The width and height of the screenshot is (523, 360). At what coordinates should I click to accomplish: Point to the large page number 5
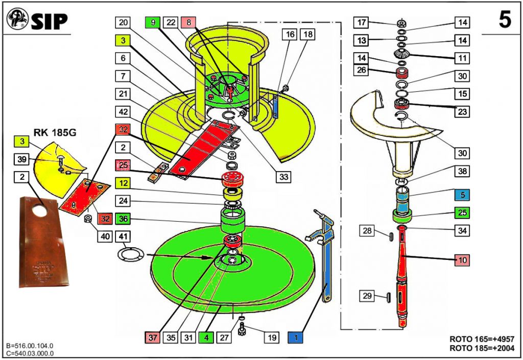click(504, 20)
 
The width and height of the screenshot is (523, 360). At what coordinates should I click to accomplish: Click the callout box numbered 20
click(123, 22)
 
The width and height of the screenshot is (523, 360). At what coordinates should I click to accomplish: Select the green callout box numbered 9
click(153, 22)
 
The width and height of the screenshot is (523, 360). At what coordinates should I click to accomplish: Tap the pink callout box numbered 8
click(189, 22)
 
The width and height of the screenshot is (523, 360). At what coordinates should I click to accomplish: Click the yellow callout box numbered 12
click(123, 182)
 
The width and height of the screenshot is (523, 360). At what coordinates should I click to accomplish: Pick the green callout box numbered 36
click(123, 219)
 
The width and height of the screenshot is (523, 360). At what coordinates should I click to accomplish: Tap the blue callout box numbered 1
click(296, 337)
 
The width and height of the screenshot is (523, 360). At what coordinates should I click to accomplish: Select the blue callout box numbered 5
click(461, 195)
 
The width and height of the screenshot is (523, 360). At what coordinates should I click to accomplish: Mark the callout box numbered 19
click(272, 337)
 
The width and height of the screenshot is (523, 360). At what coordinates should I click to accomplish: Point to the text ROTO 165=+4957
click(481, 339)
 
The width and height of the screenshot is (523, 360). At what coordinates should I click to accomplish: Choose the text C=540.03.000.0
click(30, 353)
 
